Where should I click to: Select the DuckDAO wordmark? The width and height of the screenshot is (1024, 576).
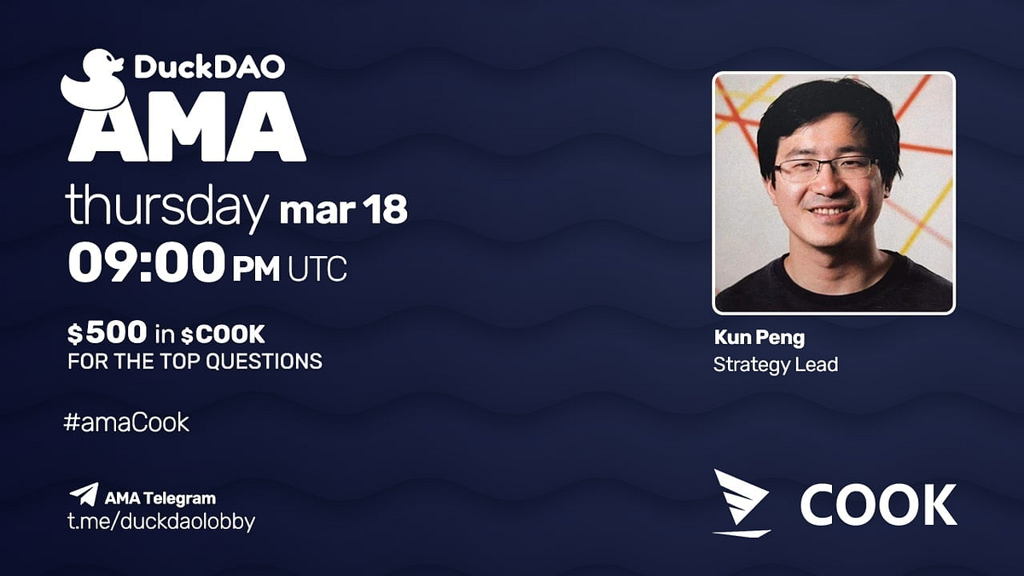coord(209,68)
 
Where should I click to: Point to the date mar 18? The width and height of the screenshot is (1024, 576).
coord(343,210)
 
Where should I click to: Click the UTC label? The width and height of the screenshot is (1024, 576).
coord(317,270)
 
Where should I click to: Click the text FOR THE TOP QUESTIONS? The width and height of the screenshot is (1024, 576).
coord(195,361)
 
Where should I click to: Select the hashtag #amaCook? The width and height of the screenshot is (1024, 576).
coord(126,422)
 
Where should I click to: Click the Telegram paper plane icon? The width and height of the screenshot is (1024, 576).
coord(84,494)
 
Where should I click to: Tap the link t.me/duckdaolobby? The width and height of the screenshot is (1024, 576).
coord(161,521)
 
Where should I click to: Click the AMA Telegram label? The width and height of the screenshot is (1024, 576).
coord(160,497)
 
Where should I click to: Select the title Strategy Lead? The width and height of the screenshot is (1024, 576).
coord(776,364)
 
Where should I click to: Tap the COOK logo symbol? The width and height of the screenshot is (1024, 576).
coord(741,503)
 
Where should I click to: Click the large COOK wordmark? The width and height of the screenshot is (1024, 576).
coord(878,504)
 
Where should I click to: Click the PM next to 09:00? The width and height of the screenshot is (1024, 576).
coord(256,270)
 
